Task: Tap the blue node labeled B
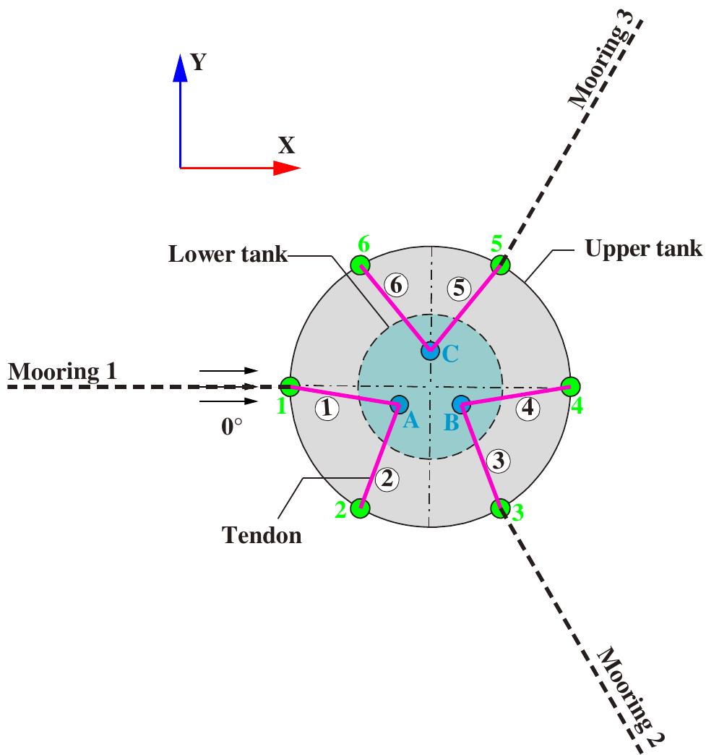tap(461, 404)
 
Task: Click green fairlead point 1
tap(290, 386)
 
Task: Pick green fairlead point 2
tap(360, 508)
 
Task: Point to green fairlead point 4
tap(570, 386)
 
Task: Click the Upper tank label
tap(643, 249)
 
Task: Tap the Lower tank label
tap(228, 255)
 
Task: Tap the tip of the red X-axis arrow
tap(298, 168)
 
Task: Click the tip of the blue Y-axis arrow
tap(180, 54)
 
